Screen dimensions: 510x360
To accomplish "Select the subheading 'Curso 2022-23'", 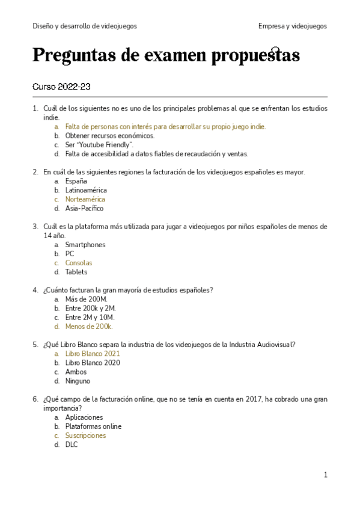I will click(61, 87).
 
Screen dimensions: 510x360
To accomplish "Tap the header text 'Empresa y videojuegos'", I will click(292, 26).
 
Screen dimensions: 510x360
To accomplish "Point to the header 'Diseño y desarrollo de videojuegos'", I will click(85, 26).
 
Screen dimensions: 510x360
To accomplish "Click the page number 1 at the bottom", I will click(325, 475).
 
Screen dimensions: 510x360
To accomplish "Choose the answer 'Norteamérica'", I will click(85, 199).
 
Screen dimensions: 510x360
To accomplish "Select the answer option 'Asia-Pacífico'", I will click(84, 208).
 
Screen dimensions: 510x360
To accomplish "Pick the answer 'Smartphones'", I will click(85, 245).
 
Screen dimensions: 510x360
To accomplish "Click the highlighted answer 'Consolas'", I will click(79, 263).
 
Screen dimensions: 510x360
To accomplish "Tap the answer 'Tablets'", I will click(76, 272).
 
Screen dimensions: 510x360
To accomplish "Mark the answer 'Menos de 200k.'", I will click(89, 327).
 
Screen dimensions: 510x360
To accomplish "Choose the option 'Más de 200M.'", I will click(86, 300).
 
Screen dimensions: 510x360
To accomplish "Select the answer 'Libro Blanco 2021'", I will click(93, 354).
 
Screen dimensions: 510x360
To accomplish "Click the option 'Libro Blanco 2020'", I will click(93, 363).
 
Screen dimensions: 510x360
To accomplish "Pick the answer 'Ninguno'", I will click(78, 381).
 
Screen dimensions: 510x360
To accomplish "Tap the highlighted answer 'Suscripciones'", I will click(85, 435).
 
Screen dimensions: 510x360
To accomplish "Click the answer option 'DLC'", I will click(72, 444).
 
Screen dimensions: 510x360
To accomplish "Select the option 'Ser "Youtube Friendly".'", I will click(99, 144).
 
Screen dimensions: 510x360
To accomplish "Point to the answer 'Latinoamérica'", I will click(86, 190).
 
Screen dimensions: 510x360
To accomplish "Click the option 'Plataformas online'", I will click(93, 426).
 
